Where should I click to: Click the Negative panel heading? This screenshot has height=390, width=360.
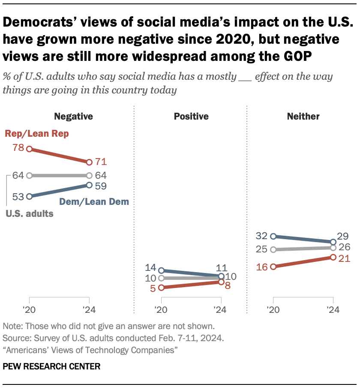pyautogui.click(x=73, y=116)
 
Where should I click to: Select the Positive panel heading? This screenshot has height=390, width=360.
pyautogui.click(x=191, y=116)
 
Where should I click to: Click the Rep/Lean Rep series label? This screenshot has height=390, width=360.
pyautogui.click(x=37, y=134)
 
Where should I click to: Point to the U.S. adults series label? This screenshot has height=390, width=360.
pyautogui.click(x=29, y=213)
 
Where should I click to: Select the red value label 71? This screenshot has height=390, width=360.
pyautogui.click(x=101, y=162)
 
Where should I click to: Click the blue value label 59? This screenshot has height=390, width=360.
pyautogui.click(x=101, y=186)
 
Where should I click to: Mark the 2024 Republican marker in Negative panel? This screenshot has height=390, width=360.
pyautogui.click(x=89, y=162)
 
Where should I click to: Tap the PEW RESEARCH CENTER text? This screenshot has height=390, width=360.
pyautogui.click(x=51, y=366)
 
